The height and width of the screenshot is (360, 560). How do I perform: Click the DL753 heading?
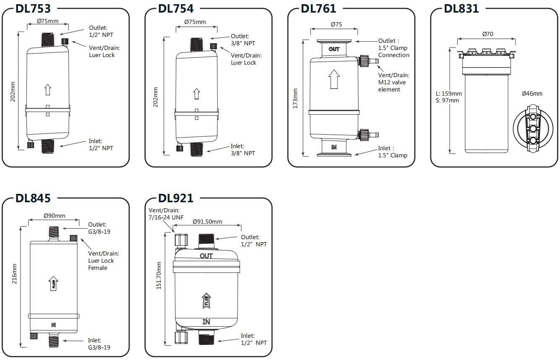tap(33, 9)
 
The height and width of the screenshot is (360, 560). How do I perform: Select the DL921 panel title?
tap(176, 198)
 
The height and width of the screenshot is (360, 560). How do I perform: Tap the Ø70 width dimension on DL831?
tap(487, 34)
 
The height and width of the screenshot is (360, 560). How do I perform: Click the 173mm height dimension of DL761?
tap(295, 98)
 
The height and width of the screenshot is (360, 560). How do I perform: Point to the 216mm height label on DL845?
tap(15, 274)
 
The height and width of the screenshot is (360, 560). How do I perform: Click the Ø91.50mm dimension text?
tap(207, 222)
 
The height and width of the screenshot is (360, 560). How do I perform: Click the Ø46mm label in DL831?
tap(532, 94)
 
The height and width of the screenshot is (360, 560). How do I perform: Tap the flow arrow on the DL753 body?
tap(47, 90)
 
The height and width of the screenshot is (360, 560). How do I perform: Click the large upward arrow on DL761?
tap(334, 79)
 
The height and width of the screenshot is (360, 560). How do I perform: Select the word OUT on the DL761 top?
tap(334, 49)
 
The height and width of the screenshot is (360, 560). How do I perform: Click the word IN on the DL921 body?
tap(207, 322)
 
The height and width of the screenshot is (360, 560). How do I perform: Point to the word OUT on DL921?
tap(206, 256)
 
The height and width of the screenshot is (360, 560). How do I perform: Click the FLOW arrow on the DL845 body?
tap(53, 284)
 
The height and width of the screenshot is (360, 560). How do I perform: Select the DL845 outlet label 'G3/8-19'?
tap(99, 232)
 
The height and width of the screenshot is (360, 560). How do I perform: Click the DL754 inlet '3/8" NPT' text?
tap(243, 153)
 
